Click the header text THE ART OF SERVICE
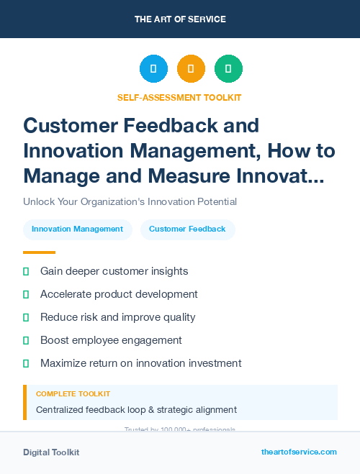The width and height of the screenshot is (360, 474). coord(180,19)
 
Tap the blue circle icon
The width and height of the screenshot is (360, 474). coord(153,69)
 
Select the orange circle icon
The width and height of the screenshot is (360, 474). coord(191,69)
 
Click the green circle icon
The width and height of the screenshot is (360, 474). coord(228,69)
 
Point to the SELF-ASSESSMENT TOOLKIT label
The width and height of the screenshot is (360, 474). coord(179,98)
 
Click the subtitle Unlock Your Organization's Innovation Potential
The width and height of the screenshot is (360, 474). coord(130,202)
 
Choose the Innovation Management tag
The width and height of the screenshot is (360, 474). coord(78,229)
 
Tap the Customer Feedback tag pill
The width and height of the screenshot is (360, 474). coord(187,229)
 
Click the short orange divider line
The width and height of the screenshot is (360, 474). coord(39,252)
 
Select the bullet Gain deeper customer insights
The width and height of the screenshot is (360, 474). coord(114,271)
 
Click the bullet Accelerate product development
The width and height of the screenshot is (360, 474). coord(119,294)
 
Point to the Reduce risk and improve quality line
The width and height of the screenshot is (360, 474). coord(117,317)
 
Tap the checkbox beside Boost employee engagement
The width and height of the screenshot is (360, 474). coord(26,340)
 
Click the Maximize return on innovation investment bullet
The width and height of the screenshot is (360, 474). coord(140,363)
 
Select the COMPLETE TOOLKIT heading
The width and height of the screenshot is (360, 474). coord(73,394)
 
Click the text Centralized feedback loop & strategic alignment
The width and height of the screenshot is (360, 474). coord(136,410)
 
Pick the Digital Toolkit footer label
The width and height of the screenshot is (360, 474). coord(51,452)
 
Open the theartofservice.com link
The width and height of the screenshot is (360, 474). coord(299,452)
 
